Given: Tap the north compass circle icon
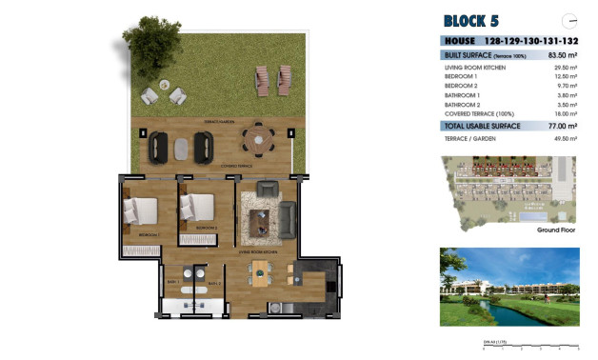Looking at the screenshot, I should click(x=569, y=20).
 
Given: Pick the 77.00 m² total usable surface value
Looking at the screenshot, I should click(x=563, y=126).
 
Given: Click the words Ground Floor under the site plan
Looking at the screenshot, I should click(x=559, y=230).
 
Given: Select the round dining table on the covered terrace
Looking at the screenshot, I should click(x=257, y=143).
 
